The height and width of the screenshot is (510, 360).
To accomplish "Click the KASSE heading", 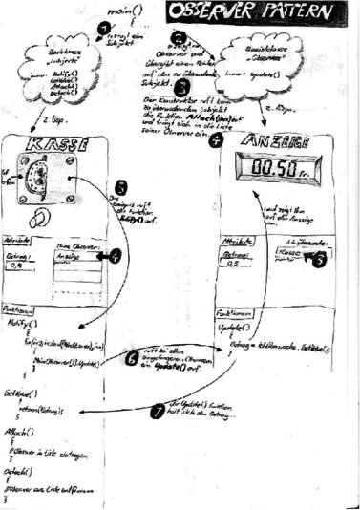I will (x=55, y=148).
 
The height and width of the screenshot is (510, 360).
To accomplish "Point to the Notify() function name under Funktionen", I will (x=21, y=325).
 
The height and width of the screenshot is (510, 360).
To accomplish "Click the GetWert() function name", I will (x=21, y=393).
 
